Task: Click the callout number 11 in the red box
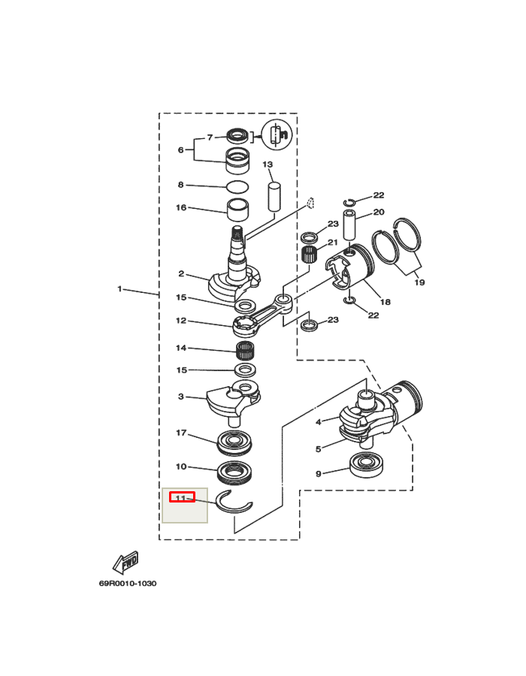180,498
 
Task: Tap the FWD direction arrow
125,562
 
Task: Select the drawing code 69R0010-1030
128,584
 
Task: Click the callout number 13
268,164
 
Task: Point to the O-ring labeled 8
237,187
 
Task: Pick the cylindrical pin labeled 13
274,197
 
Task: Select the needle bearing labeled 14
244,350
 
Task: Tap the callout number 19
419,282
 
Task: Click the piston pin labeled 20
349,225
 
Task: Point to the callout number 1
119,288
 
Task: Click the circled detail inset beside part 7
277,134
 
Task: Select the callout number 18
385,302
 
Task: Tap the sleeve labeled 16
238,210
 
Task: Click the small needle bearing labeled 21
309,254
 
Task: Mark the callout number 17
181,433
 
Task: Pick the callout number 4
318,421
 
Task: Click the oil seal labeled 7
237,136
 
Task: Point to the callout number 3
180,396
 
